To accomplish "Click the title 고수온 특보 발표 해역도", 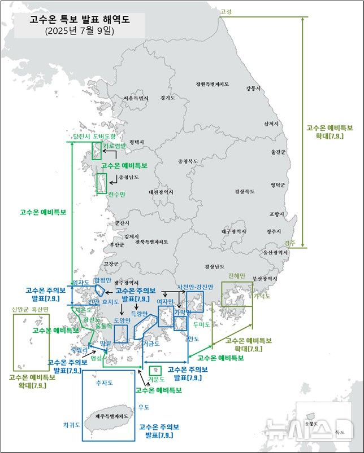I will coord(79,20).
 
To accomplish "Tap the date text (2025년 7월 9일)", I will coord(79,32).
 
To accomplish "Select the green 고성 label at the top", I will coord(226,11).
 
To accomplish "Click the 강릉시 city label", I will coord(253,89).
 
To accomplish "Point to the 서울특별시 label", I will coord(136,98).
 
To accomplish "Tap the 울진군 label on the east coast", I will coord(279,152).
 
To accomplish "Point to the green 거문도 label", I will coord(155,379).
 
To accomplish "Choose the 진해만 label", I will coord(237,276).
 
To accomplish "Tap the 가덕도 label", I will coord(262,296).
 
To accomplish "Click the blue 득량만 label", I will coord(139,313).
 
